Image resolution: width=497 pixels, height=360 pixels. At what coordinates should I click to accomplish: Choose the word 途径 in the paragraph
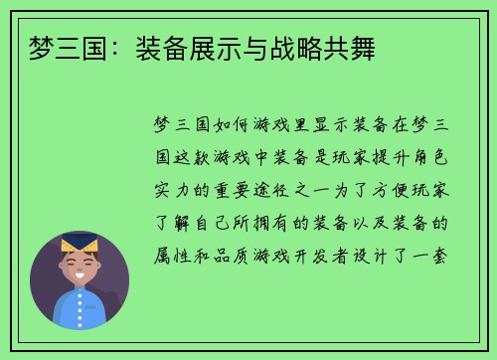point(298,189)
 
